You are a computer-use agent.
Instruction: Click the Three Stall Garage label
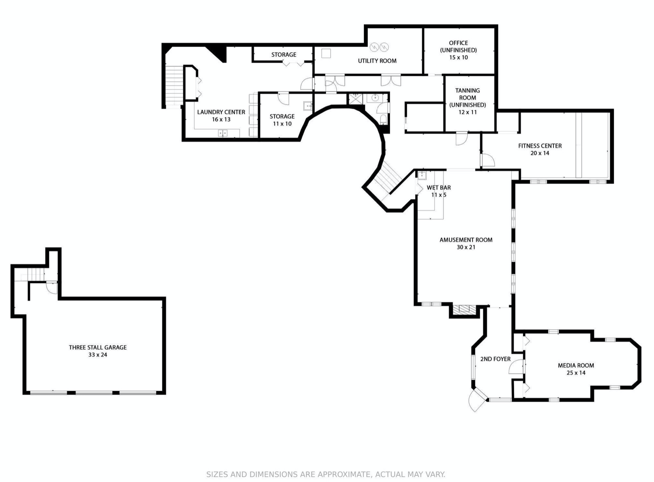[97, 351]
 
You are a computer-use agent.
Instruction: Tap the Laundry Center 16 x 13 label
[221, 115]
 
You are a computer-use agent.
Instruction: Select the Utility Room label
[377, 61]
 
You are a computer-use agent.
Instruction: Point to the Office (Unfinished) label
[458, 50]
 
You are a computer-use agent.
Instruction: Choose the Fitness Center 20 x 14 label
[540, 149]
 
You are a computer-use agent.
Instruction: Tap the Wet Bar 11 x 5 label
[439, 191]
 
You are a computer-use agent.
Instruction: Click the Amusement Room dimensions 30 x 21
[466, 247]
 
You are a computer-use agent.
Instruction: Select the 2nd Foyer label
[495, 359]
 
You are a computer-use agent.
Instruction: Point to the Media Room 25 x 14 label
[576, 369]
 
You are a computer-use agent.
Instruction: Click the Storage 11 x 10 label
[282, 120]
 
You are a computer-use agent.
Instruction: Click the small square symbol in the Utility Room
[326, 53]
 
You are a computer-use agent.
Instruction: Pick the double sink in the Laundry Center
[222, 133]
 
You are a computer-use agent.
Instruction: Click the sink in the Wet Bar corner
[422, 175]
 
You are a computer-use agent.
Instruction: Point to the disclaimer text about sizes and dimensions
[326, 474]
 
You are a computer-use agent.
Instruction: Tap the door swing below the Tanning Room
[461, 138]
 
